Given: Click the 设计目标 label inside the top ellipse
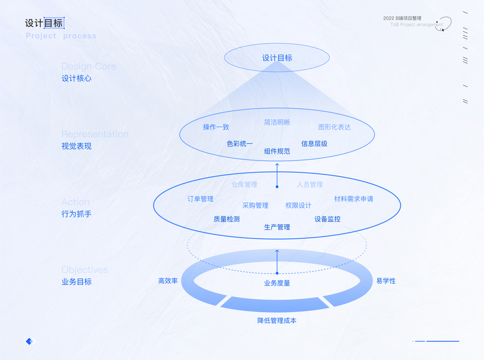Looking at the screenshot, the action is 277,58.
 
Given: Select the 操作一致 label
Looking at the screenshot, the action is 216,127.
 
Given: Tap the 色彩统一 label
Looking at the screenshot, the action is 240,144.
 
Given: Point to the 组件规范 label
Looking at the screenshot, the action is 277,151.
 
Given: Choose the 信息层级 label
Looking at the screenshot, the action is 314,144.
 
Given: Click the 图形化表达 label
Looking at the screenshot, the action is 334,127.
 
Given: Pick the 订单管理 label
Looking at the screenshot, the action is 200,199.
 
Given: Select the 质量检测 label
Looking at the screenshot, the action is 227,219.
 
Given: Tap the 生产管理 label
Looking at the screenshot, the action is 277,227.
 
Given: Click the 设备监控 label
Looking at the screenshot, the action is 327,219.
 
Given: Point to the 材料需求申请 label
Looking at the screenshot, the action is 354,199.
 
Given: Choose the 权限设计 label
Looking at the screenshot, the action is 298,205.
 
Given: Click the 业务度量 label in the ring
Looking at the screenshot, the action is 277,283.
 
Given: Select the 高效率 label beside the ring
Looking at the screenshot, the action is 168,281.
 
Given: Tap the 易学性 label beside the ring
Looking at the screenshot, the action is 386,281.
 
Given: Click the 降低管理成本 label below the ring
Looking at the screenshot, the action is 277,320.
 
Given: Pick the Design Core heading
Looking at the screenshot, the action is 89,67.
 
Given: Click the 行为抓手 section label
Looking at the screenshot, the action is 77,214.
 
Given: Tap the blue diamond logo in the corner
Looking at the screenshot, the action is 29,341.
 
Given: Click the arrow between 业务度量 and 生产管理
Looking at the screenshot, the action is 277,260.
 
